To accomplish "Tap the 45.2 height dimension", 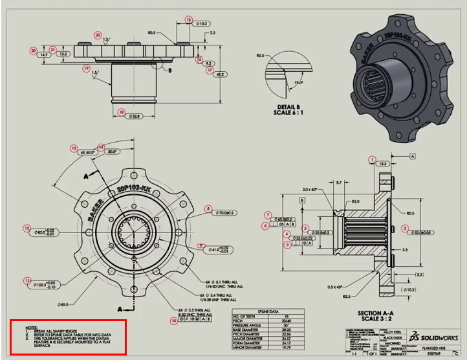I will click(x=221, y=74).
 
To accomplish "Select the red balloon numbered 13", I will click(x=74, y=148).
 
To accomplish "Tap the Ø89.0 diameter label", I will click(x=63, y=304).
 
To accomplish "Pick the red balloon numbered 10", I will click(x=173, y=320).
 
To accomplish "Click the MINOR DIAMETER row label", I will click(x=250, y=348).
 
